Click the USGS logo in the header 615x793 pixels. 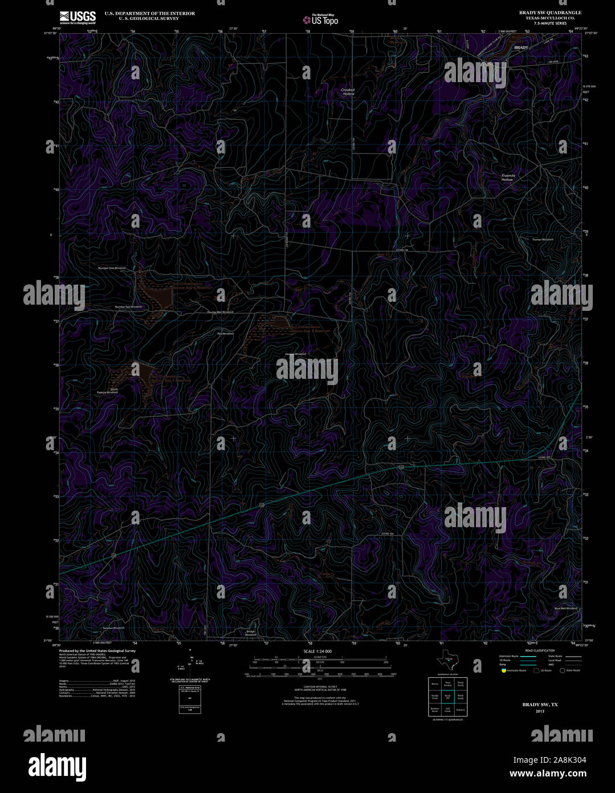coord(78,17)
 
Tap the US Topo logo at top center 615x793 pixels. coord(320,19)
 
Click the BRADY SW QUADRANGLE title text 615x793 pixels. coord(550,12)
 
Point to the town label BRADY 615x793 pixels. coord(521,47)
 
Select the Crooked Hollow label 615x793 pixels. coord(348,91)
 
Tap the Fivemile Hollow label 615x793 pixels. coord(507,177)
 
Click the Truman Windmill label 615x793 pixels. coord(543,240)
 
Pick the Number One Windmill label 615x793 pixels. coord(112,268)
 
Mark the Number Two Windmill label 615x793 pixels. coord(128,307)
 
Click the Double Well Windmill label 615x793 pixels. coord(220,312)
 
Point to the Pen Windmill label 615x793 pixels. coord(225,333)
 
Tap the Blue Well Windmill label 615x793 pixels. coord(565,609)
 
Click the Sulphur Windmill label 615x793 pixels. coord(113,628)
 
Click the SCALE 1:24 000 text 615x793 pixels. coord(317,651)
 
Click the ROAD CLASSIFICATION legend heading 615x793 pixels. coord(540,651)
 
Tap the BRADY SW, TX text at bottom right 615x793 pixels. coord(540,705)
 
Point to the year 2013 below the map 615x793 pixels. coord(540,711)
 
